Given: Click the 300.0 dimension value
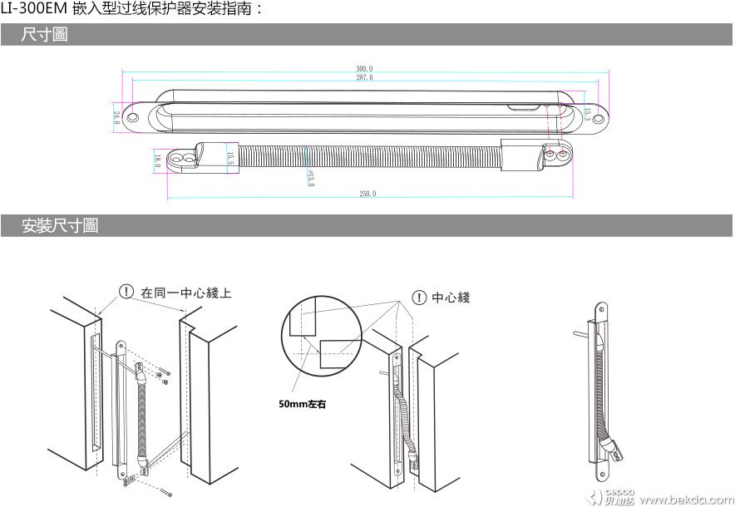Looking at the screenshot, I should (364, 68).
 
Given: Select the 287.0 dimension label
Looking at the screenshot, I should (364, 77).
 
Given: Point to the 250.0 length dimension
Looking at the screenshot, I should (367, 194).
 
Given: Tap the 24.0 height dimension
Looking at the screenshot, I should (116, 117).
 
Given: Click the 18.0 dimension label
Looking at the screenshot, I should (157, 160).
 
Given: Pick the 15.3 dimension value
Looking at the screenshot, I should (587, 114).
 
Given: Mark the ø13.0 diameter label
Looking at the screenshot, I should (310, 178).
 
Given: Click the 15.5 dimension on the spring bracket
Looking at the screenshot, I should (230, 156).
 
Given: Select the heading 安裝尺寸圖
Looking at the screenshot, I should (60, 225).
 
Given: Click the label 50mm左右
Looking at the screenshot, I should (303, 405).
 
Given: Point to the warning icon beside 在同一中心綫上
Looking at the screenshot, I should (126, 292).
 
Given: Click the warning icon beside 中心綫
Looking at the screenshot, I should (420, 297).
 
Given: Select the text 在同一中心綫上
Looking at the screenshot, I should (186, 293).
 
